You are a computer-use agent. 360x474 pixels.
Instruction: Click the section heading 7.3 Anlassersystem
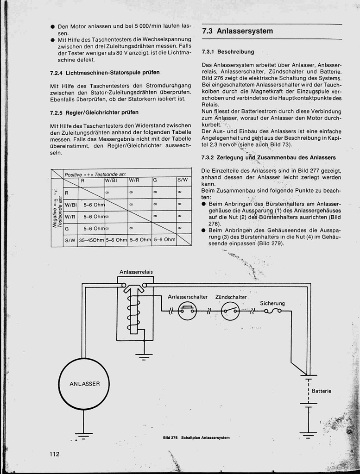coord(238,31)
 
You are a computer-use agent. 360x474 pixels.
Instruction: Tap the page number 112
coord(55,454)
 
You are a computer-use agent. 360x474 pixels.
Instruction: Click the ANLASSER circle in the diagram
coord(84,384)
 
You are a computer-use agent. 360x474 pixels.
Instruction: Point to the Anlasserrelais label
coord(136,272)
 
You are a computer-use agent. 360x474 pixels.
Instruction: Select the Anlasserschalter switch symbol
coord(187,311)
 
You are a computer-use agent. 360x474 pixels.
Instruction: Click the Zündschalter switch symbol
coord(230,311)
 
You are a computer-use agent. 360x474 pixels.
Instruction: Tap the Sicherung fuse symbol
coord(272,311)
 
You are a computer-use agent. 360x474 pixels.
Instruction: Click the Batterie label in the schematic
coord(322,391)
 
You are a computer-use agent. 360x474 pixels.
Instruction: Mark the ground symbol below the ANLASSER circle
coord(84,436)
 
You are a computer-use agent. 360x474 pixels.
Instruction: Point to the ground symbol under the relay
coord(144,356)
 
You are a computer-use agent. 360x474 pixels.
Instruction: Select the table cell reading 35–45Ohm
coord(91,240)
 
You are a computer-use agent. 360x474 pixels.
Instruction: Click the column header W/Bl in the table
coord(111,181)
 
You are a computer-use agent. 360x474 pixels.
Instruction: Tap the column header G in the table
coord(155,181)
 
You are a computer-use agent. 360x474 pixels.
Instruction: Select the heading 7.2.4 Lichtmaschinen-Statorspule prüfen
coord(105,73)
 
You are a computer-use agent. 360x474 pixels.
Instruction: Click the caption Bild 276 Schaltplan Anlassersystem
coord(196,437)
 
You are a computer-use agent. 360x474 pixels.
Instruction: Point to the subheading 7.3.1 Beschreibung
coord(228,52)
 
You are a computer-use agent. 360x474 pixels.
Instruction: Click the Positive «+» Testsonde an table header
coord(92,174)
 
